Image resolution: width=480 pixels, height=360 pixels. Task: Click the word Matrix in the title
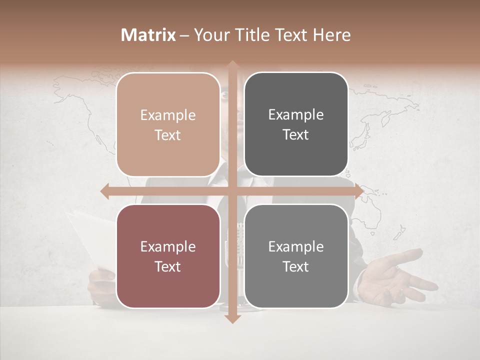pos(148,35)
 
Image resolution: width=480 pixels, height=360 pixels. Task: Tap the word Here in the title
pos(331,35)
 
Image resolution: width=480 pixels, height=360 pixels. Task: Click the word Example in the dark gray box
pos(296,115)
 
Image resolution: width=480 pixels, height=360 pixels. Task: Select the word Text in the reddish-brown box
pos(168,266)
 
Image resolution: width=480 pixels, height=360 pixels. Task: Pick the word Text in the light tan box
pos(168,135)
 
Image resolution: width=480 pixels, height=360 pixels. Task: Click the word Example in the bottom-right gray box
pos(296,246)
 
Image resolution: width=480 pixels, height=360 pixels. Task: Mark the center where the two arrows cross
pos(232,191)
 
